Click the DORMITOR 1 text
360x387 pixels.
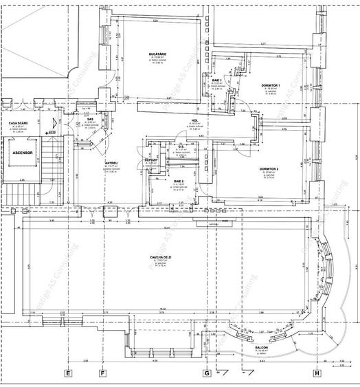click(271, 85)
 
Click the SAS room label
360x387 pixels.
click(90, 119)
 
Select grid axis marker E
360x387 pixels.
click(68, 374)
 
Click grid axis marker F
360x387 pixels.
click(102, 374)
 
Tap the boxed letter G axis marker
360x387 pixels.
click(205, 374)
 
